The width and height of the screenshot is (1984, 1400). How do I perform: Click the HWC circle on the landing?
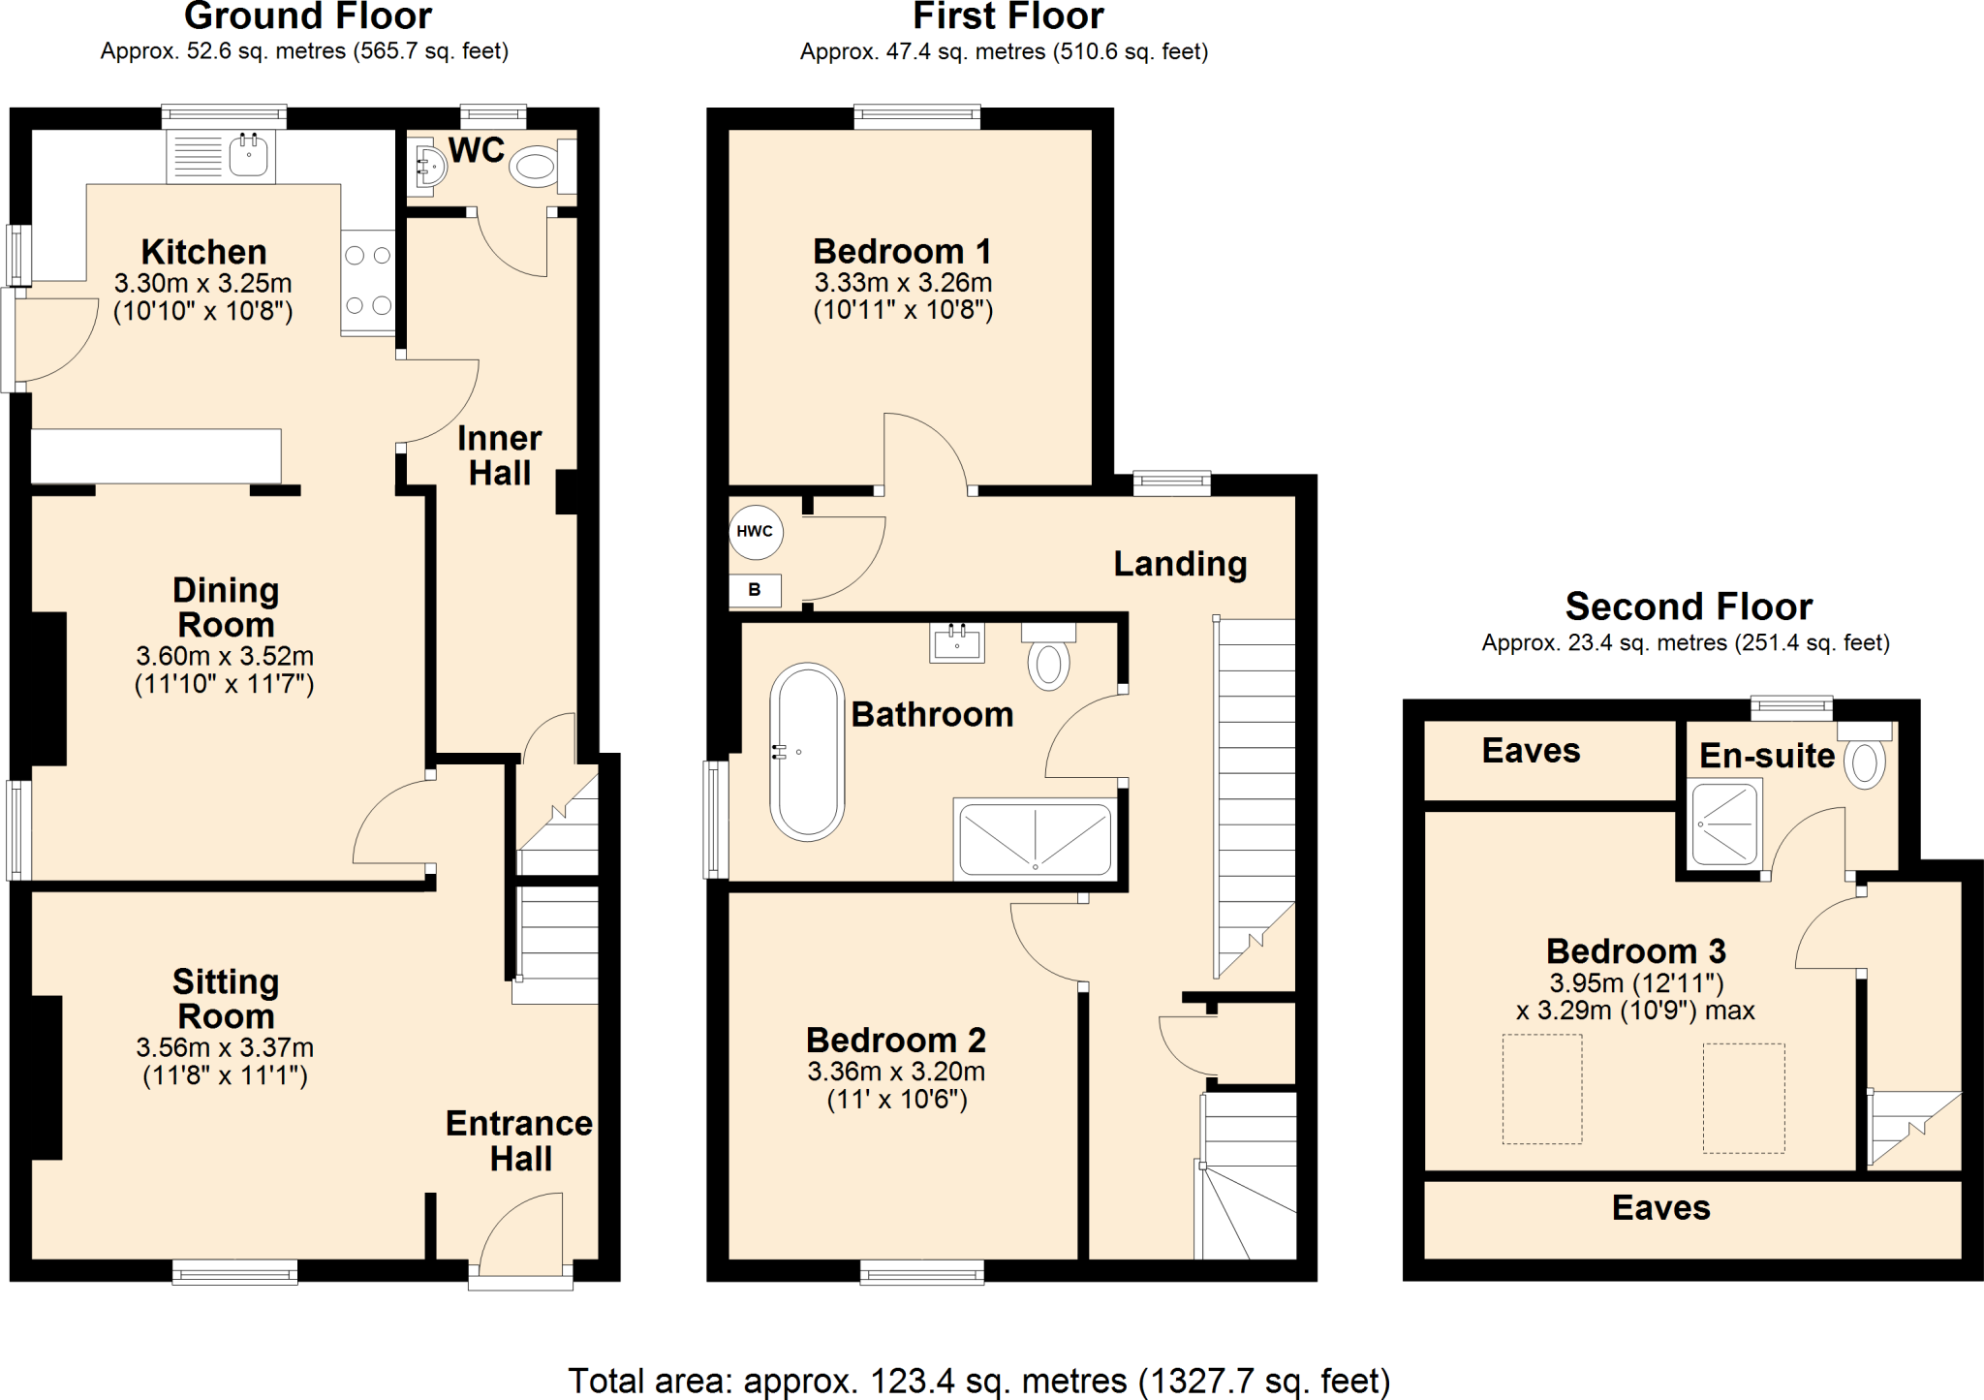pyautogui.click(x=756, y=532)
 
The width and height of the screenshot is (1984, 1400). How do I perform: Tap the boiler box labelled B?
pyautogui.click(x=755, y=590)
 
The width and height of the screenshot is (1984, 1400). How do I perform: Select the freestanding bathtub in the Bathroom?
pyautogui.click(x=807, y=752)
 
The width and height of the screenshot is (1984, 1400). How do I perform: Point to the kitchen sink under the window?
pyautogui.click(x=249, y=155)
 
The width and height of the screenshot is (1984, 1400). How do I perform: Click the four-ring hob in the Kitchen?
pyautogui.click(x=368, y=281)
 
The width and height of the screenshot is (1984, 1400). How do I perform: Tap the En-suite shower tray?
pyautogui.click(x=1725, y=824)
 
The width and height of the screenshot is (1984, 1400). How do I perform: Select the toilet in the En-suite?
pyautogui.click(x=1864, y=762)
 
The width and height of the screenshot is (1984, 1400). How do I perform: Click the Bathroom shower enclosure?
pyautogui.click(x=1035, y=839)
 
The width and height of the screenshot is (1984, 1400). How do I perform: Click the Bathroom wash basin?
pyautogui.click(x=957, y=642)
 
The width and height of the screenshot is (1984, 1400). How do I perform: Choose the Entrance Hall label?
pyautogui.click(x=519, y=1140)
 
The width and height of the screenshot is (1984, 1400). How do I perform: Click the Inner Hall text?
pyautogui.click(x=500, y=455)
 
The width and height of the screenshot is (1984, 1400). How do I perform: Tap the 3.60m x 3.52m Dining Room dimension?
pyautogui.click(x=225, y=656)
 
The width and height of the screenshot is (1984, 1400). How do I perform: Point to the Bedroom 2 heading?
pyautogui.click(x=896, y=1040)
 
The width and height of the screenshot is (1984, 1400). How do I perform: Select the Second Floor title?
pyautogui.click(x=1689, y=607)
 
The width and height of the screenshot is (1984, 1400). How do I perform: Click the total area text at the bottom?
pyautogui.click(x=978, y=1380)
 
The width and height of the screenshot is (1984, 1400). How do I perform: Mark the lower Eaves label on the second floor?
pyautogui.click(x=1660, y=1208)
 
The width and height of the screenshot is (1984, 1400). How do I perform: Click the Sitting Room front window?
pyautogui.click(x=234, y=1273)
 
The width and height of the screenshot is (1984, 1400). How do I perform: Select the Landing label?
pyautogui.click(x=1180, y=564)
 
